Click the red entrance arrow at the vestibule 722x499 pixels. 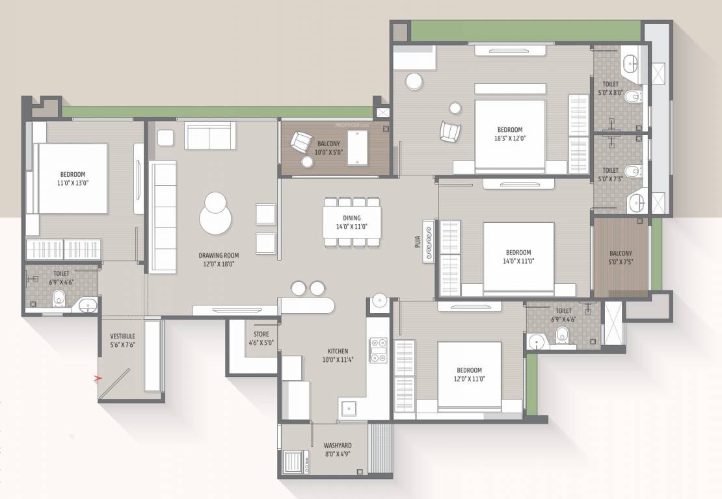click(99, 377)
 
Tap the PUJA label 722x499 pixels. click(417, 242)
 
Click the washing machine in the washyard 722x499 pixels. click(297, 462)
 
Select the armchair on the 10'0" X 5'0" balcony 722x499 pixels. click(301, 142)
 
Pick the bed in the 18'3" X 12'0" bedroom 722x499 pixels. click(510, 135)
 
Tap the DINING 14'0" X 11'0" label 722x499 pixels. click(352, 222)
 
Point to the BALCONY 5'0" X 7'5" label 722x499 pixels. click(621, 258)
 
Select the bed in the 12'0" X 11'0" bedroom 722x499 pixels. click(469, 376)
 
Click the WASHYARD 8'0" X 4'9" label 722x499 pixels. click(338, 450)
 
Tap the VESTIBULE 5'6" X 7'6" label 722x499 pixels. click(122, 340)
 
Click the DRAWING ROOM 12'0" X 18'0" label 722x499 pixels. click(216, 259)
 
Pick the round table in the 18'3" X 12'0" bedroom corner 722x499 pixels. click(414, 82)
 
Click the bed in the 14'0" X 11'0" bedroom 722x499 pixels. click(518, 257)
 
